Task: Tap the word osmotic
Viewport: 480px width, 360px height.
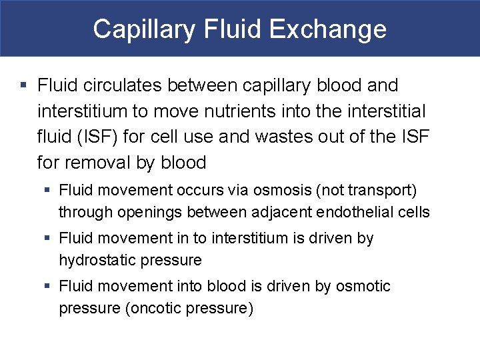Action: (363, 287)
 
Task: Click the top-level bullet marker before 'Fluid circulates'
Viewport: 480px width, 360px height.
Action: (23, 86)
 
